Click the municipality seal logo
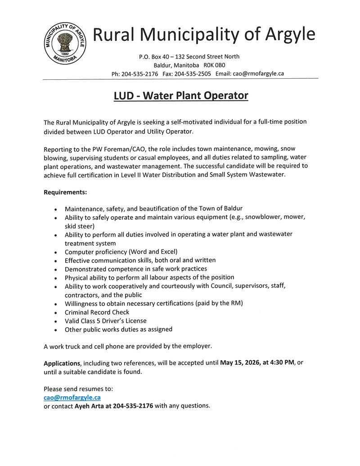(x=66, y=44)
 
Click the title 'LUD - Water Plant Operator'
(x=180, y=96)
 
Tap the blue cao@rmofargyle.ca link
(x=72, y=397)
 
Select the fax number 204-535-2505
(x=193, y=74)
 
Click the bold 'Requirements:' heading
(x=65, y=192)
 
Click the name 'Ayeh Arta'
(x=90, y=405)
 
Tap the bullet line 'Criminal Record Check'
(x=97, y=312)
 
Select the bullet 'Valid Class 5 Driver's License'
(x=105, y=321)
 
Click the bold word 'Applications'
(x=62, y=363)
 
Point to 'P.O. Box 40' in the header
(x=155, y=57)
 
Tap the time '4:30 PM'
(x=282, y=362)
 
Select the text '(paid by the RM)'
(x=219, y=303)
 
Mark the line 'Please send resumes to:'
(x=78, y=389)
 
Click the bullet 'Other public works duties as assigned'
(x=118, y=329)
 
